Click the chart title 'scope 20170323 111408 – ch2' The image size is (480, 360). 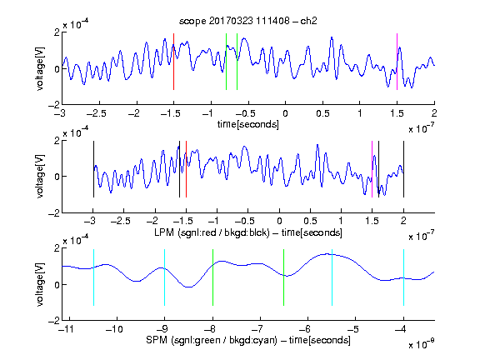click(x=248, y=21)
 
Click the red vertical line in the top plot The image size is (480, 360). click(x=174, y=62)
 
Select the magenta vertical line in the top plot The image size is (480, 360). click(x=397, y=62)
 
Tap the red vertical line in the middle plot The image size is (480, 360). click(x=186, y=169)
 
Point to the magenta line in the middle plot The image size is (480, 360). click(x=372, y=169)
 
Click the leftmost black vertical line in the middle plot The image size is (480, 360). click(x=93, y=169)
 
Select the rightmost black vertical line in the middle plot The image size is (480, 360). click(x=404, y=169)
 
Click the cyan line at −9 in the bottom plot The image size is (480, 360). click(x=165, y=277)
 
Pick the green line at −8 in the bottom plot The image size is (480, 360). click(x=212, y=277)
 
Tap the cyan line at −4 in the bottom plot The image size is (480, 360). click(x=404, y=277)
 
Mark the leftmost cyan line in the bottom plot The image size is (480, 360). click(x=93, y=277)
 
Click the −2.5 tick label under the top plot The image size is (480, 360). click(x=97, y=113)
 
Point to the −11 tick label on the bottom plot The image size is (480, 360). click(x=66, y=329)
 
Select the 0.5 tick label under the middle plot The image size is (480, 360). click(x=310, y=221)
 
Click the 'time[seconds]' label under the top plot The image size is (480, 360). click(x=248, y=125)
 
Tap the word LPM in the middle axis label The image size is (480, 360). click(x=164, y=232)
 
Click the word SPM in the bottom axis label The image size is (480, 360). click(x=157, y=340)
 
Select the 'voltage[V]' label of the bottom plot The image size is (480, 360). click(x=40, y=284)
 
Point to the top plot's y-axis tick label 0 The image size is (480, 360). click(x=57, y=69)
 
